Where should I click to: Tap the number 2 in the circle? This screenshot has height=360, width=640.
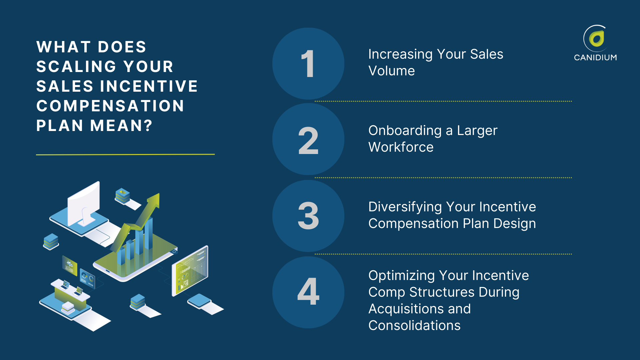pyautogui.click(x=308, y=141)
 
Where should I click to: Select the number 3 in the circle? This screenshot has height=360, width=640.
pyautogui.click(x=308, y=216)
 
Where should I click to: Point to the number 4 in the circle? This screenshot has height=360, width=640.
pyautogui.click(x=308, y=292)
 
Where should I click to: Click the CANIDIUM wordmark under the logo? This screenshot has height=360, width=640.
pyautogui.click(x=595, y=57)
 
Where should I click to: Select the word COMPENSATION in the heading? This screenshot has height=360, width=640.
pyautogui.click(x=110, y=106)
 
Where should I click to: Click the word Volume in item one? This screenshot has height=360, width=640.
pyautogui.click(x=391, y=71)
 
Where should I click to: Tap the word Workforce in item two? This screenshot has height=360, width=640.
pyautogui.click(x=401, y=147)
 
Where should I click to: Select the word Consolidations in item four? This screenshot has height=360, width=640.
pyautogui.click(x=414, y=325)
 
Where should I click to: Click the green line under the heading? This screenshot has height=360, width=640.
pyautogui.click(x=125, y=154)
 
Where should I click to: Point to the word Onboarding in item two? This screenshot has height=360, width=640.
pyautogui.click(x=405, y=130)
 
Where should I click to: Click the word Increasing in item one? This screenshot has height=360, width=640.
pyautogui.click(x=400, y=54)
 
